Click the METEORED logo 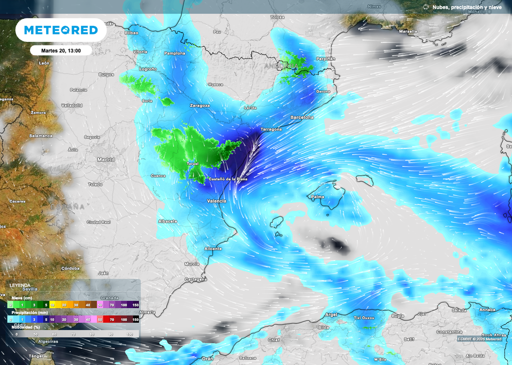(x=61, y=30)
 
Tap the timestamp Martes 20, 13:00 (x=61, y=50)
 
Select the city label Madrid (x=105, y=160)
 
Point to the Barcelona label (x=302, y=117)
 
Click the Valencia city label (x=216, y=201)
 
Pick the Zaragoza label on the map (x=199, y=106)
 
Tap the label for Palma (x=317, y=197)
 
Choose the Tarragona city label (x=270, y=129)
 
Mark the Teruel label (x=193, y=164)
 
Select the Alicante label (x=213, y=248)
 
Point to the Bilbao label (x=131, y=32)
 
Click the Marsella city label (x=408, y=31)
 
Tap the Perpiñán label (x=325, y=59)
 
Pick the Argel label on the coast (x=331, y=315)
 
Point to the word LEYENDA (x=19, y=285)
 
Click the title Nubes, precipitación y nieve (x=466, y=7)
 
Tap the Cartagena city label (x=195, y=280)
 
